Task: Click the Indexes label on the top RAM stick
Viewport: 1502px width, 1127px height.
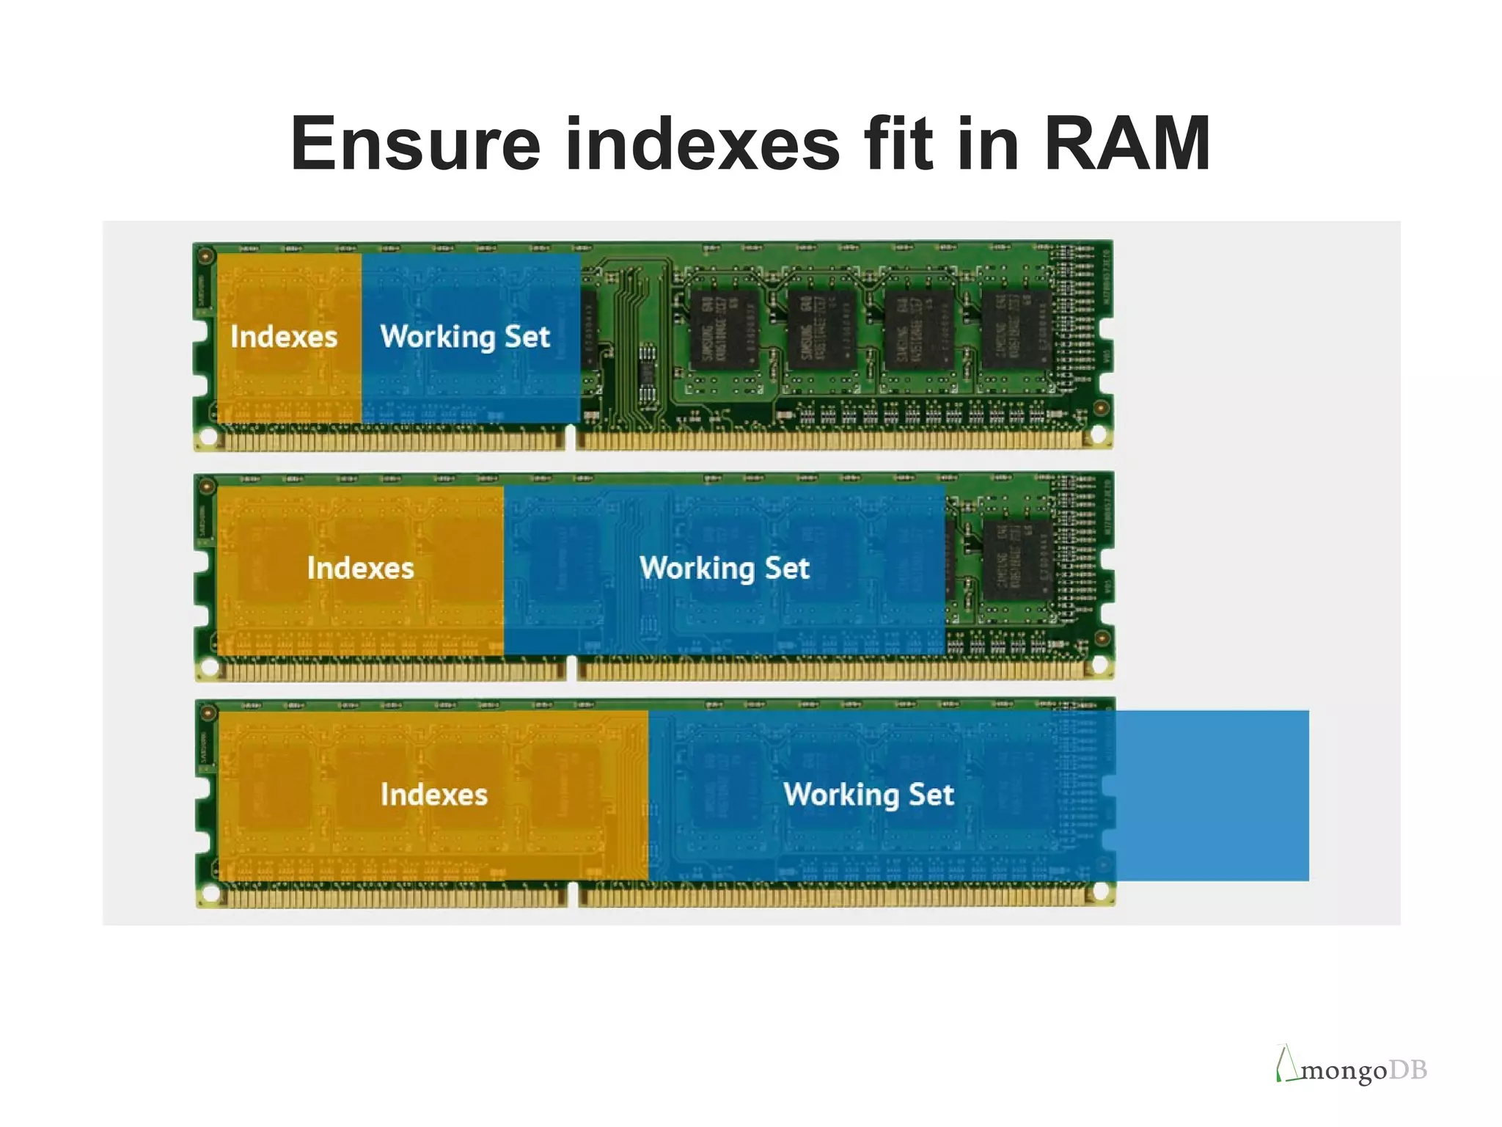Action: pyautogui.click(x=284, y=337)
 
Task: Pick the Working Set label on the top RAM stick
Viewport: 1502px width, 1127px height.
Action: pyautogui.click(x=465, y=337)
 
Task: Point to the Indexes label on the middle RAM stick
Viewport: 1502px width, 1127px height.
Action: pyautogui.click(x=360, y=568)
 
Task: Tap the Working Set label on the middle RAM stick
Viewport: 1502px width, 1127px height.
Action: pyautogui.click(x=724, y=568)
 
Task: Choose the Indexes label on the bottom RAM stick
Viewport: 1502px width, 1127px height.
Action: pyautogui.click(x=433, y=795)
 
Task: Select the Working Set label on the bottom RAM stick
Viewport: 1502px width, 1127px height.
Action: pyautogui.click(x=868, y=795)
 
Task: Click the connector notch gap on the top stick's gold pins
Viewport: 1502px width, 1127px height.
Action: pyautogui.click(x=571, y=439)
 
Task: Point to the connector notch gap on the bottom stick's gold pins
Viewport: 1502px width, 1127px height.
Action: pyautogui.click(x=573, y=895)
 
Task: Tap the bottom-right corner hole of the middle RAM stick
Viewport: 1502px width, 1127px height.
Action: pyautogui.click(x=1100, y=665)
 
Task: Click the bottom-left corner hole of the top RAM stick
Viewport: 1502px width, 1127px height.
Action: pyautogui.click(x=208, y=437)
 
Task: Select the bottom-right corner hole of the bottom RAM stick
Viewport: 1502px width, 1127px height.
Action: pyautogui.click(x=1101, y=891)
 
